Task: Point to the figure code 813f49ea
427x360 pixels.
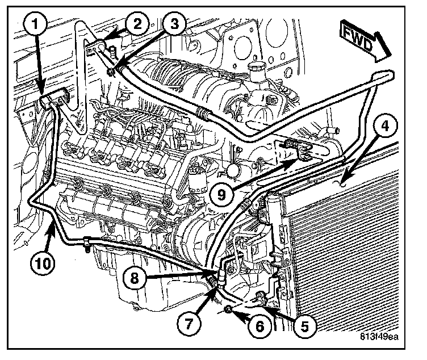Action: (379, 336)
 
